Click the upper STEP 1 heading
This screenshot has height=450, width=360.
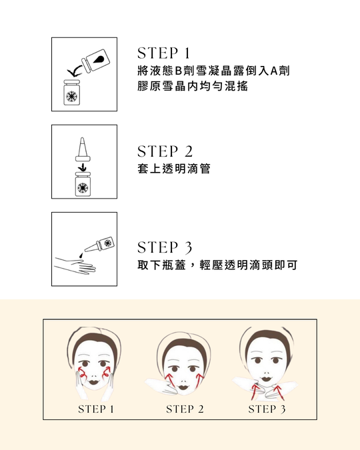click(x=163, y=53)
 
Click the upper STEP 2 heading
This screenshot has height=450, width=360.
click(x=165, y=151)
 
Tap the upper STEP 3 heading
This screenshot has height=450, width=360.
click(x=165, y=247)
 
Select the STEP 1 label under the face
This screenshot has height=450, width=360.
click(x=96, y=409)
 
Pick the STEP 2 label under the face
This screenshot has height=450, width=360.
click(x=185, y=409)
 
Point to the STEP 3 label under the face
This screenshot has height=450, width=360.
click(x=267, y=409)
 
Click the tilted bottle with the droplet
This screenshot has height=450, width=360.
click(x=96, y=60)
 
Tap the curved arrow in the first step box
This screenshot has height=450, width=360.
click(x=74, y=71)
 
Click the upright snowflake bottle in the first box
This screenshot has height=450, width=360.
click(x=71, y=93)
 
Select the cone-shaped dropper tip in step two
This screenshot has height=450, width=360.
click(x=83, y=149)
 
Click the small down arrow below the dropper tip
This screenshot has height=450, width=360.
click(x=83, y=167)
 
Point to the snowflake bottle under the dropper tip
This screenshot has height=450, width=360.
click(x=83, y=184)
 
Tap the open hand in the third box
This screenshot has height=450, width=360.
click(x=75, y=266)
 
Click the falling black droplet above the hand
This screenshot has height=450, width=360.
click(x=81, y=255)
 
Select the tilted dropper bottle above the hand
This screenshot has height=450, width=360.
click(x=100, y=245)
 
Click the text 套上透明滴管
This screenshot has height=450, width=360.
click(x=174, y=169)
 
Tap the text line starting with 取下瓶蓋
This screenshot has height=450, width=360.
click(x=217, y=265)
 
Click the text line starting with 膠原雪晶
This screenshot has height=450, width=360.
click(x=193, y=86)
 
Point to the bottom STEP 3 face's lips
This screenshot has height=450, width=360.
click(x=266, y=379)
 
